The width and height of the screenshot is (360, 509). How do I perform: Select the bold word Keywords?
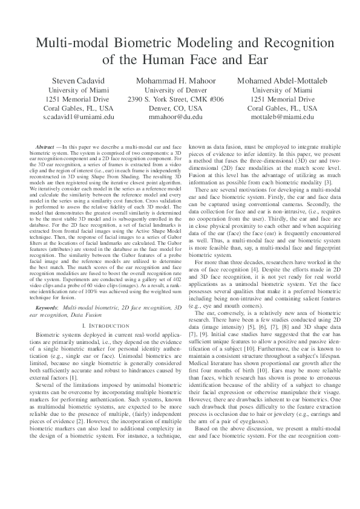click(x=48, y=308)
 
